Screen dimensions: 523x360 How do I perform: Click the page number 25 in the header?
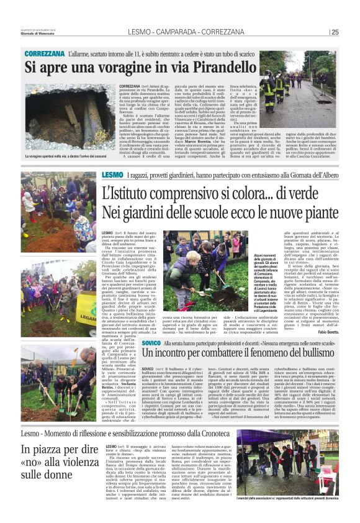click(x=335, y=32)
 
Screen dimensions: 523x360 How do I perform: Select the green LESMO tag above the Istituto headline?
click(x=110, y=176)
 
